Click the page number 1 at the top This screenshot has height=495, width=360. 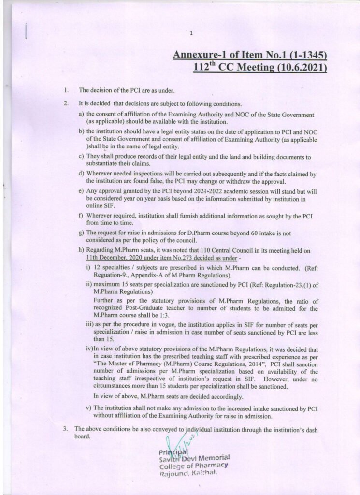(192, 33)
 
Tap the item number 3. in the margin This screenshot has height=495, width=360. (66, 428)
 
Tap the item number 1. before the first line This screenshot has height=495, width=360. (66, 90)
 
